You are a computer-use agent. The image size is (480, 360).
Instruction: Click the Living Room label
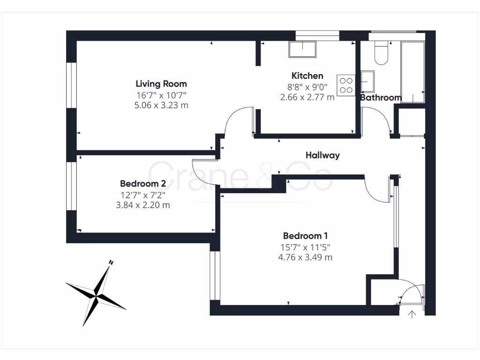coord(161,84)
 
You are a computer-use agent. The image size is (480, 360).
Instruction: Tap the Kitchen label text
coord(307,76)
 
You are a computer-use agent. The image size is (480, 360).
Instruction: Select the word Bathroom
coord(381,98)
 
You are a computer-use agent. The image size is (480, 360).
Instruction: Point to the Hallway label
coord(322,156)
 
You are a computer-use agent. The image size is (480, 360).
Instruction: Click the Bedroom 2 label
coord(143,183)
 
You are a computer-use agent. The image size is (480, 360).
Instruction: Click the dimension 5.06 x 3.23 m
coord(161,105)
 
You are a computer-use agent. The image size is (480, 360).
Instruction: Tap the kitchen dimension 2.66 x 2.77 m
coord(307,97)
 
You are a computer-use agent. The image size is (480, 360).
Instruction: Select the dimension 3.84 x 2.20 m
coord(143,205)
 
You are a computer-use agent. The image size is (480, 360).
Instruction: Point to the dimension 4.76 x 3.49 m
coord(305,257)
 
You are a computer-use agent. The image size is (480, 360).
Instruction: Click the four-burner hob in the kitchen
coord(346,85)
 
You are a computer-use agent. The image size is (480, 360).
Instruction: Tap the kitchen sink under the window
coord(302,49)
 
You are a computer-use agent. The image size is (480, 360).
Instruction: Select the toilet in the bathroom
coord(381,53)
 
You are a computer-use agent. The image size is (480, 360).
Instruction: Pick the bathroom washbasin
coord(367,82)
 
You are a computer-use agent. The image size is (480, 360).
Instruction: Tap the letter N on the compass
coord(111,262)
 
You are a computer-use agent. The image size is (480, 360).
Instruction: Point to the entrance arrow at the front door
coord(412,315)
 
